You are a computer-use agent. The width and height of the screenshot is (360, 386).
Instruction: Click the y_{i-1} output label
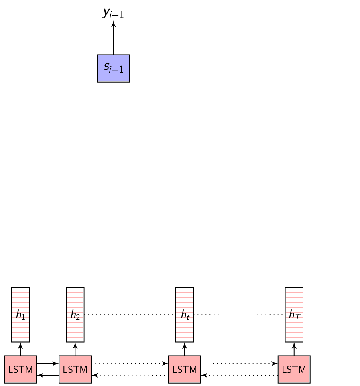click(x=113, y=13)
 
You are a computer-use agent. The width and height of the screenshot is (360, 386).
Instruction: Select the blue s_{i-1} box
click(x=113, y=68)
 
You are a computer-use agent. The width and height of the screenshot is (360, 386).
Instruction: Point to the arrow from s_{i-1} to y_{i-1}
click(x=113, y=38)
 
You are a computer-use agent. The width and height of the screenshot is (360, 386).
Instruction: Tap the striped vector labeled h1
click(x=20, y=315)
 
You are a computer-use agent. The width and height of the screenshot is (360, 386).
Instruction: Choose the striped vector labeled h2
click(x=75, y=315)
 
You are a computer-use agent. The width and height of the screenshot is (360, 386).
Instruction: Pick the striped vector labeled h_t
click(x=185, y=315)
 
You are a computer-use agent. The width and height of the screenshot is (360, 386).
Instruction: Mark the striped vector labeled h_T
click(x=294, y=315)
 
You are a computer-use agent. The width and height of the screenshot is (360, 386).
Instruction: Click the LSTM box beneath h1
click(x=20, y=369)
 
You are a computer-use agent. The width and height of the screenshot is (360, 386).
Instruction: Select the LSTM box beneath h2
click(x=75, y=369)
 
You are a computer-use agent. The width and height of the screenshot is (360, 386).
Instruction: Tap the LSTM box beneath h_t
click(x=185, y=369)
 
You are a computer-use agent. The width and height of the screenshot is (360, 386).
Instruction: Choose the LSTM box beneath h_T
click(x=294, y=369)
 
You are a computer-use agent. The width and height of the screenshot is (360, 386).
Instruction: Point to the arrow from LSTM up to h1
click(x=20, y=349)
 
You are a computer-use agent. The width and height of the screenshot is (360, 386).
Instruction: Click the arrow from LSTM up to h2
click(x=75, y=349)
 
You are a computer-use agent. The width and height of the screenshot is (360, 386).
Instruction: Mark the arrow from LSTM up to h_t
click(x=185, y=349)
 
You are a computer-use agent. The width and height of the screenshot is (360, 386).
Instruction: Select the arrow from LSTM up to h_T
click(x=294, y=349)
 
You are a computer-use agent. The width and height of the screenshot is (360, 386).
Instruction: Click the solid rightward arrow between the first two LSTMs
click(x=48, y=364)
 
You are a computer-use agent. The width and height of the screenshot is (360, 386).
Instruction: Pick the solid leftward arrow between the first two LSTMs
click(x=48, y=375)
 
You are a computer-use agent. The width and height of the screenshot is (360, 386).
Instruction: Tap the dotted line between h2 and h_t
click(x=130, y=315)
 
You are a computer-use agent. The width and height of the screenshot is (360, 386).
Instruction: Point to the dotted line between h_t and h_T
click(x=239, y=315)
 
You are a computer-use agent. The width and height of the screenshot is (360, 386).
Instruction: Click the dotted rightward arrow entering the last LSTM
click(x=239, y=364)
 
